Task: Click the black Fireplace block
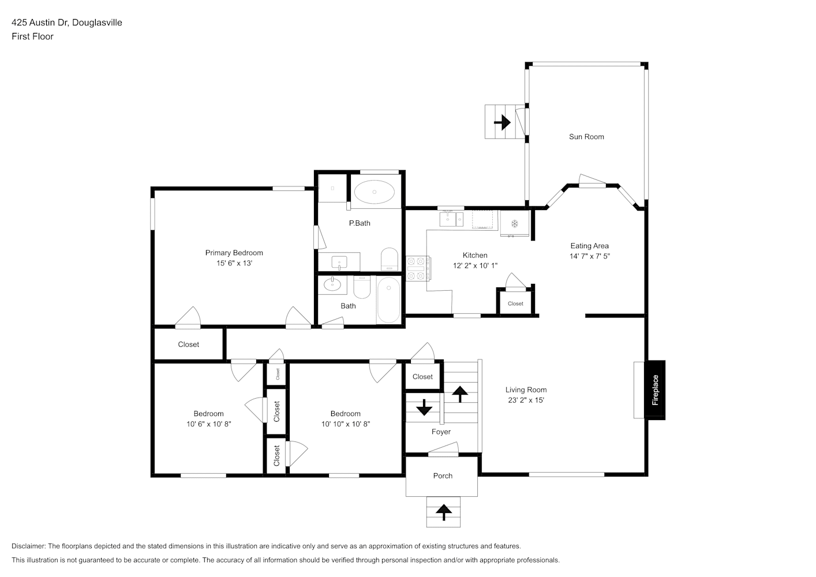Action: pos(655,390)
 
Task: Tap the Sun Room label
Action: pos(586,137)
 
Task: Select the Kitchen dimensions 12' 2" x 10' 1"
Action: pos(475,265)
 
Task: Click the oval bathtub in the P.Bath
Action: pos(374,192)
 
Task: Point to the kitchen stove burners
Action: pos(418,268)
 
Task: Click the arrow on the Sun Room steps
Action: pos(502,122)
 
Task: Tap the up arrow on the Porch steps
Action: pos(443,512)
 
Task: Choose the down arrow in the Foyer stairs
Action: pos(424,407)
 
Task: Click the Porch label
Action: pos(443,475)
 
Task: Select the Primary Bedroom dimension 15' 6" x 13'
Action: pos(234,263)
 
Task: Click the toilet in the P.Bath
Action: pos(390,259)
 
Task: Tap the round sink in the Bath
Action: pos(332,284)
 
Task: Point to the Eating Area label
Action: pos(589,246)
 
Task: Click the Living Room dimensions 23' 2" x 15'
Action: pos(526,400)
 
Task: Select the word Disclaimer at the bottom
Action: pos(28,546)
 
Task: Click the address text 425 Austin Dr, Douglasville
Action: pos(67,23)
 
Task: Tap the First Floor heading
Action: pos(32,36)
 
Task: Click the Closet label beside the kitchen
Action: pos(515,304)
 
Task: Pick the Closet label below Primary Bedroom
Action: pos(188,344)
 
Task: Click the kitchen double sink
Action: pos(451,219)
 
